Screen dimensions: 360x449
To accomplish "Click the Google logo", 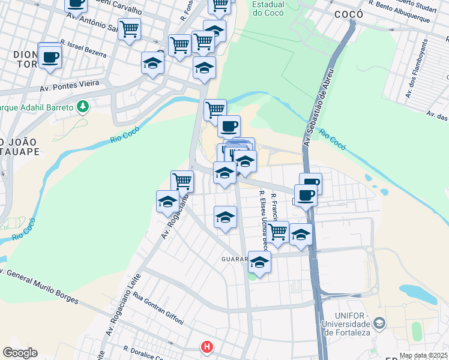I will pyautogui.click(x=20, y=353).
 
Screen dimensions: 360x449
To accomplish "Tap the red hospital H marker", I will pyautogui.click(x=207, y=347).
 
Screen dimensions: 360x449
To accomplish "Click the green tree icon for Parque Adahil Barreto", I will pyautogui.click(x=83, y=107).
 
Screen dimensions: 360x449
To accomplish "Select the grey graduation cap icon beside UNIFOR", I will pyautogui.click(x=379, y=324).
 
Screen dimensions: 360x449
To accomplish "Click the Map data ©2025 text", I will pyautogui.click(x=424, y=355).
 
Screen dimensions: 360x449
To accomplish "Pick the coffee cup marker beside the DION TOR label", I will pyautogui.click(x=50, y=57).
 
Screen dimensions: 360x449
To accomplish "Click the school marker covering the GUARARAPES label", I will pyautogui.click(x=259, y=262).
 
